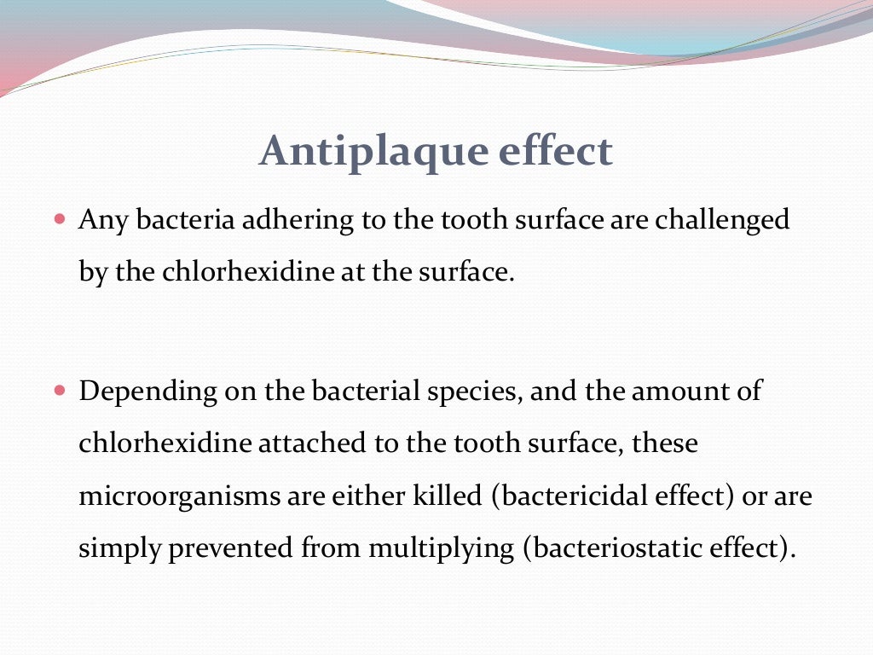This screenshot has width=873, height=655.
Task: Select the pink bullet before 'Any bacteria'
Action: pyautogui.click(x=59, y=219)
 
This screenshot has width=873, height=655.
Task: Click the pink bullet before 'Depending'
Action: pyautogui.click(x=59, y=391)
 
